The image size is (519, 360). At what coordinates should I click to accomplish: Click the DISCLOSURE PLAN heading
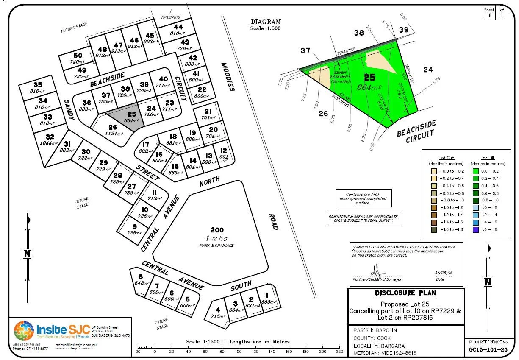(405, 293)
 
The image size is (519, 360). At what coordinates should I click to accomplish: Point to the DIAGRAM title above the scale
(265, 22)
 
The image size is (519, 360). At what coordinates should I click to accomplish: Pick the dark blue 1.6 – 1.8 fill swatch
(476, 229)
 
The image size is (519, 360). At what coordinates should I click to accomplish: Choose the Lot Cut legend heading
(446, 157)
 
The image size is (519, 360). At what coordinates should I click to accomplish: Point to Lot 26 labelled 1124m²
(112, 130)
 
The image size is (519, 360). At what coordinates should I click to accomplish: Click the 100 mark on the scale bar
(238, 352)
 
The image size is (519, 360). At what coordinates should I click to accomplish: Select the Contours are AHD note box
(364, 198)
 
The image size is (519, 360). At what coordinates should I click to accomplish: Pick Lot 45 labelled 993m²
(150, 39)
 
